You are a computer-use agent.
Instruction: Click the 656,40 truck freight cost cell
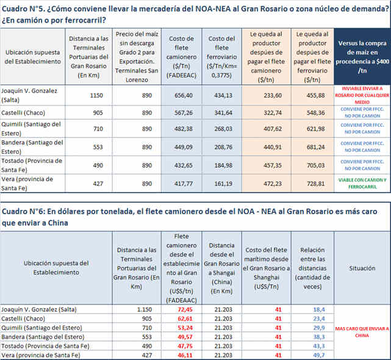(182, 95)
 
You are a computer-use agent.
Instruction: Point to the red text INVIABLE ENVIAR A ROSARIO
(362, 93)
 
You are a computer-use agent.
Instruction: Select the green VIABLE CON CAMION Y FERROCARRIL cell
(362, 183)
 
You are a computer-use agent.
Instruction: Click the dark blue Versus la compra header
(362, 56)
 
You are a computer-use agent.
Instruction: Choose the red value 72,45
(181, 309)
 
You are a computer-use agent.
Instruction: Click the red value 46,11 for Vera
(181, 355)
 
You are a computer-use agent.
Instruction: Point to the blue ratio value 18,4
(318, 309)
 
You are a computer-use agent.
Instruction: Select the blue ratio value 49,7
(318, 355)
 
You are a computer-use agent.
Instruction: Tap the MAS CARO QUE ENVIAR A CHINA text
(362, 332)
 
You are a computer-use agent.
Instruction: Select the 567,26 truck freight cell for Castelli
(182, 113)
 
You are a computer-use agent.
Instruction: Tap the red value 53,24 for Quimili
(181, 328)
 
